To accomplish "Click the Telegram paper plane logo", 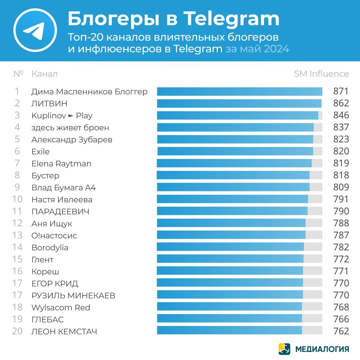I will coord(34,30).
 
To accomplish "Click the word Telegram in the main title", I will coord(231,19).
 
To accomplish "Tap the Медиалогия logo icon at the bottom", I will coord(284,349).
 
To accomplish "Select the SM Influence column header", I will coord(321,74).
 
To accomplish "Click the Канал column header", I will coord(44,74).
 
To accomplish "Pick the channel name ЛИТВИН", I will coord(49,104).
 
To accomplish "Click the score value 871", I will coord(341,91).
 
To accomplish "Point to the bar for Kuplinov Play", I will coord(237,115).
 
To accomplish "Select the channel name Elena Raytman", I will coord(61,164).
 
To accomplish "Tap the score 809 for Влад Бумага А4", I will coord(341,187).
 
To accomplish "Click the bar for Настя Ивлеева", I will coord(232,199).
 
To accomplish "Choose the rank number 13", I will coord(17,235).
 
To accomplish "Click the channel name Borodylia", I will coord(50,248).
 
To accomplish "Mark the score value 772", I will coord(341,259).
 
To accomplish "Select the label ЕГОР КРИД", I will coord(55,284).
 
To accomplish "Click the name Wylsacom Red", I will coord(61,308).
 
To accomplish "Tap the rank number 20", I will coord(17,331).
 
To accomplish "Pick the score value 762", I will coord(341,331).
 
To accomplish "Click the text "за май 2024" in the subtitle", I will coord(257,49).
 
